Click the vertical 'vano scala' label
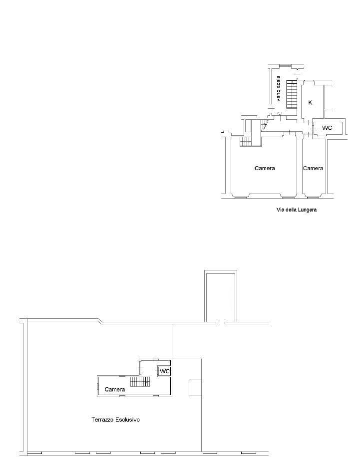[x=278, y=89]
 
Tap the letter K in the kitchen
[x=310, y=103]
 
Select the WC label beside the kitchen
[x=327, y=128]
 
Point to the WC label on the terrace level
[x=165, y=371]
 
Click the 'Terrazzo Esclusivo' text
[x=115, y=420]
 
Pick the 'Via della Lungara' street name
[x=297, y=210]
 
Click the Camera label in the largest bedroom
[x=265, y=168]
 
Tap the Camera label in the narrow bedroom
[x=313, y=168]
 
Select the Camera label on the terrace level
[x=115, y=389]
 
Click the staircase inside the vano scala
[x=292, y=94]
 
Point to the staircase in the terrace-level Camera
[x=140, y=381]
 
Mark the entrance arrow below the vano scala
[x=280, y=113]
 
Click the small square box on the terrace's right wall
[x=195, y=388]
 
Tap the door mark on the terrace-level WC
[x=158, y=371]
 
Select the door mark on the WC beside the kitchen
[x=313, y=128]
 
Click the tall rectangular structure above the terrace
[x=221, y=296]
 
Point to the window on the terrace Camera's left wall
[x=97, y=386]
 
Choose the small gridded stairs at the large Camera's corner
[x=245, y=141]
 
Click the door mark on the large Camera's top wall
[x=288, y=132]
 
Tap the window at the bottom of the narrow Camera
[x=314, y=198]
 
